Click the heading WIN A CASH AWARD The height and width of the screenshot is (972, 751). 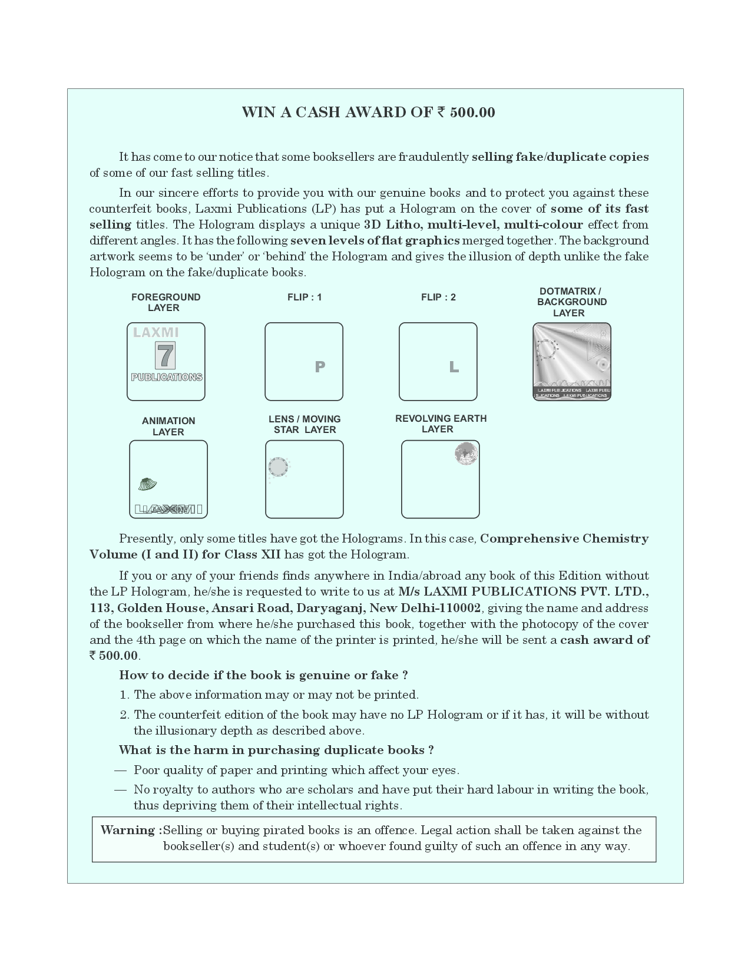[x=368, y=113]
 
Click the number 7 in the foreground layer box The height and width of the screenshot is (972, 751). [x=166, y=356]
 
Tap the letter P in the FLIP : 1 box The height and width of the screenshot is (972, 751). [x=320, y=366]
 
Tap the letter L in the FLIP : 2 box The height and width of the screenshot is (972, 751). [x=454, y=367]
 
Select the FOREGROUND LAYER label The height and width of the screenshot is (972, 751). [x=166, y=302]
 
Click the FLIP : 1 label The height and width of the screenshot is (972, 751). [x=305, y=297]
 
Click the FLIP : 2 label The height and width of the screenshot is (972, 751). [x=438, y=297]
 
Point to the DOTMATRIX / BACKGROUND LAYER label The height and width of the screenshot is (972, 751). [x=571, y=302]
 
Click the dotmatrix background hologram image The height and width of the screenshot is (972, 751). [x=571, y=361]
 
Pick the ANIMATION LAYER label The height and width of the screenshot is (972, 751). [x=168, y=426]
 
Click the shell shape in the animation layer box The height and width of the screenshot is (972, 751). [x=147, y=484]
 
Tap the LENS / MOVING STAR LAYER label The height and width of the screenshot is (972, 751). [x=305, y=424]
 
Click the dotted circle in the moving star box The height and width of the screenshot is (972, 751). [x=278, y=467]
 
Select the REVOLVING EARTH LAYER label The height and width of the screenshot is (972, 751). [x=441, y=424]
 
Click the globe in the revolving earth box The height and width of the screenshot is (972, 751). [x=466, y=454]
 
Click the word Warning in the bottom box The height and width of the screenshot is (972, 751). [x=128, y=830]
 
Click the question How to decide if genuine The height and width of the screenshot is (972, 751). [x=263, y=675]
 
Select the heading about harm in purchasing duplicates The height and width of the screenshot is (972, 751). [x=276, y=750]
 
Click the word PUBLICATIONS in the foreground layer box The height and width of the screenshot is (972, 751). [x=167, y=377]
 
